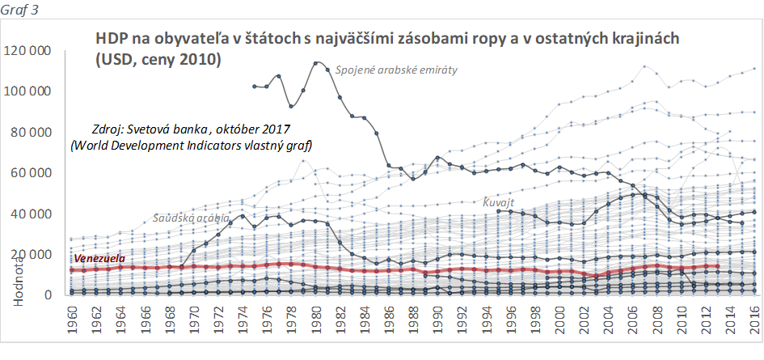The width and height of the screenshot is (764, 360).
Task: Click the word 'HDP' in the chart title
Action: pos(111,39)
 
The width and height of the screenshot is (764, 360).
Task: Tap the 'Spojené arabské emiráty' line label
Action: pos(396,70)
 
